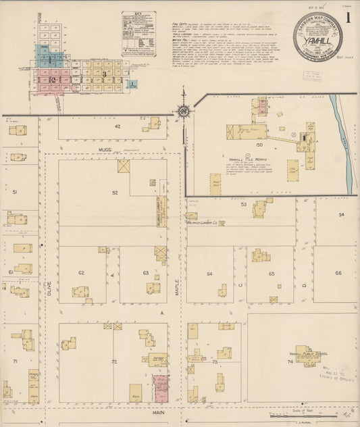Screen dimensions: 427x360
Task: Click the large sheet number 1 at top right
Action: coord(348,14)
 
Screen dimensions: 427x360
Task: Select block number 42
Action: coord(117,126)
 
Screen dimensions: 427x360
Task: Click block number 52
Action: coord(115,193)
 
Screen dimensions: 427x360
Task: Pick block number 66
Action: coord(337,273)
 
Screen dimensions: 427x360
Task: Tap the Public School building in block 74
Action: coord(308,355)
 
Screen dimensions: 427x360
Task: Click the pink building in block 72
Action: coord(161,388)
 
